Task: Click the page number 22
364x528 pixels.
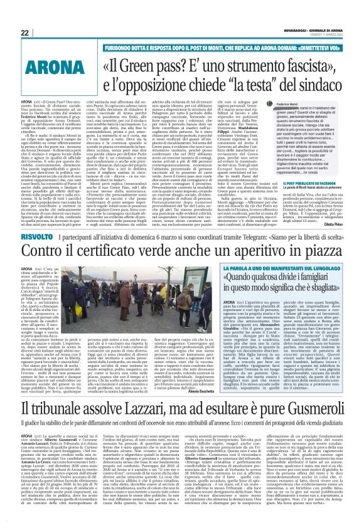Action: (x=25, y=33)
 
